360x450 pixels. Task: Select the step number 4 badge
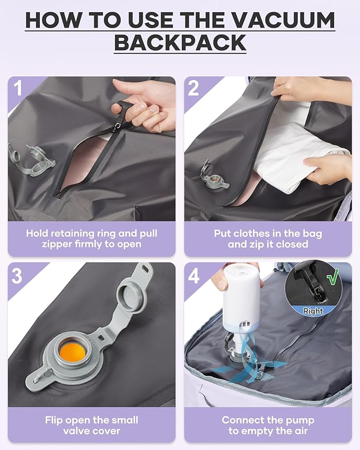coord(194,276)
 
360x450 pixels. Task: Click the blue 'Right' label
coord(313,312)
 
